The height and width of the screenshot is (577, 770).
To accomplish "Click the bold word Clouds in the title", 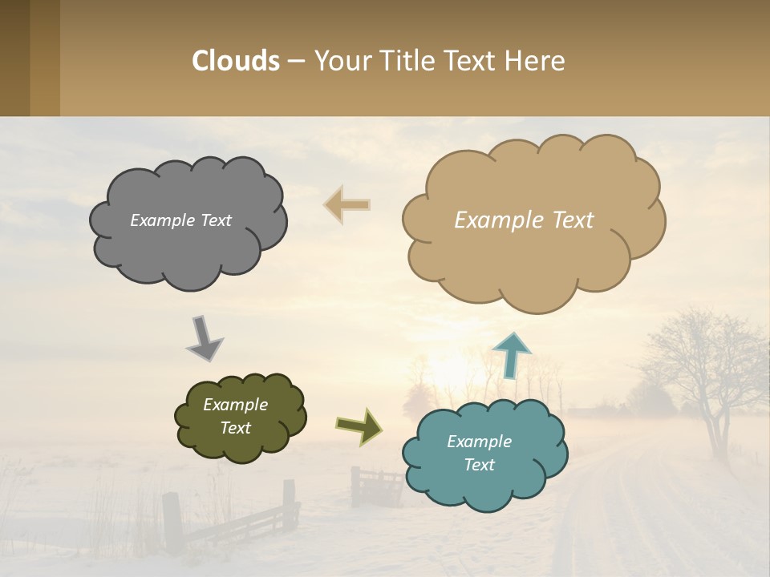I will point(236,61).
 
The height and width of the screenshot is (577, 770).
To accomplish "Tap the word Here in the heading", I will point(534,61).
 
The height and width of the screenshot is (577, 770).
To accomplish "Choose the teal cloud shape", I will point(484,489).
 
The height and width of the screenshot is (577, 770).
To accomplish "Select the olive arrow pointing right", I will point(359,426).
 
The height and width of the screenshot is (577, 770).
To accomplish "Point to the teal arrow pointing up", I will point(511,355).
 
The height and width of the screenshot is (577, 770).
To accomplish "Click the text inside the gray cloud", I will point(180,220).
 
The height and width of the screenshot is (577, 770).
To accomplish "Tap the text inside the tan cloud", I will point(524,220).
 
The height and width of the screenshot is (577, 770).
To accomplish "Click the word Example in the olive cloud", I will point(235,405).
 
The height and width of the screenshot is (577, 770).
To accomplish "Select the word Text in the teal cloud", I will point(479,465).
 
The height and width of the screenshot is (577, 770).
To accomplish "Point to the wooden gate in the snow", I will point(378,486).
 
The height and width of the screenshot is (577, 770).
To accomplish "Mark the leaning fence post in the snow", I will point(171,521).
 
